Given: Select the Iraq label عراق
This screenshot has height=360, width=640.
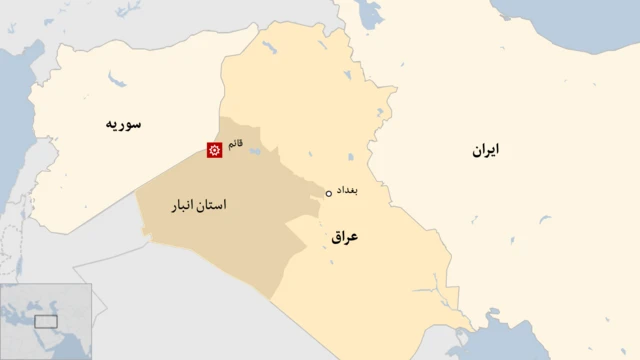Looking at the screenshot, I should tap(343, 238).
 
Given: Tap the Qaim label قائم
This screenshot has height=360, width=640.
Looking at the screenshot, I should tap(235, 145).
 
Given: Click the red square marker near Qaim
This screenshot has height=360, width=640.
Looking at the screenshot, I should tap(213, 150).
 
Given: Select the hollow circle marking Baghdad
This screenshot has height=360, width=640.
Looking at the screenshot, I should tap(328, 193).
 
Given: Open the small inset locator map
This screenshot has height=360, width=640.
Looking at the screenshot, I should tap(46, 321).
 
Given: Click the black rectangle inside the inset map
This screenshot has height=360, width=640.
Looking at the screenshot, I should tap(46, 321).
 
